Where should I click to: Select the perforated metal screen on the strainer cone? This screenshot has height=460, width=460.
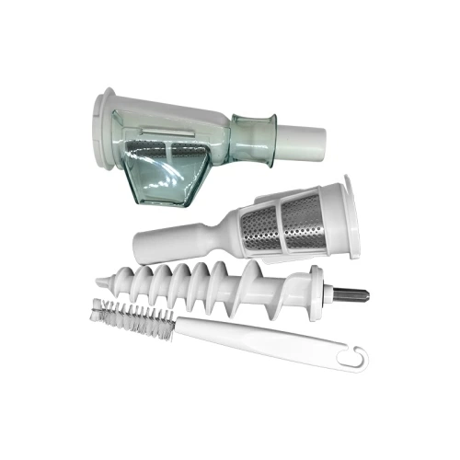point(276,226)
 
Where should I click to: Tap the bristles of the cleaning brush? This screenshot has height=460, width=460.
point(133,317)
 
